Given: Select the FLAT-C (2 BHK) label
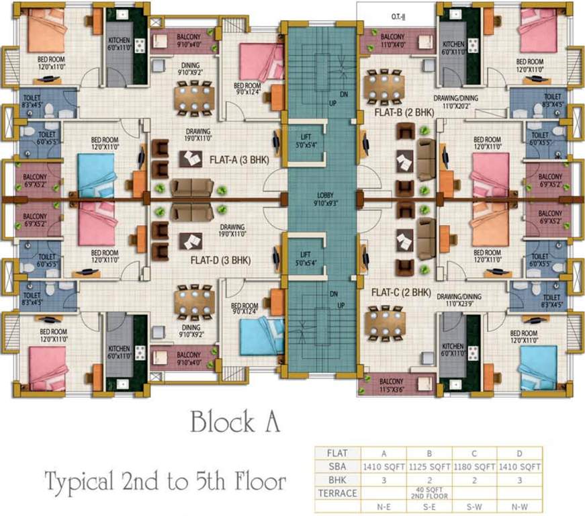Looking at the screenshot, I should pos(401,292).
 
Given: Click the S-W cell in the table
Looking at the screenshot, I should pos(474,505).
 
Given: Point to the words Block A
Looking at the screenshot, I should pos(234,423).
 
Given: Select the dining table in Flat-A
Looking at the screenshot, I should pos(194,99).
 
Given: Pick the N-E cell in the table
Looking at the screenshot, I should pos(384,505).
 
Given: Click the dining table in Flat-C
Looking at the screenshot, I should pos(386,320).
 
